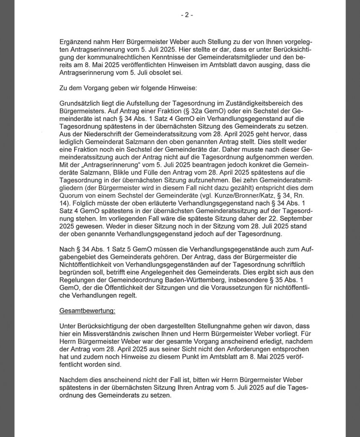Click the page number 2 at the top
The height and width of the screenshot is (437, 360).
pyautogui.click(x=187, y=15)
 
